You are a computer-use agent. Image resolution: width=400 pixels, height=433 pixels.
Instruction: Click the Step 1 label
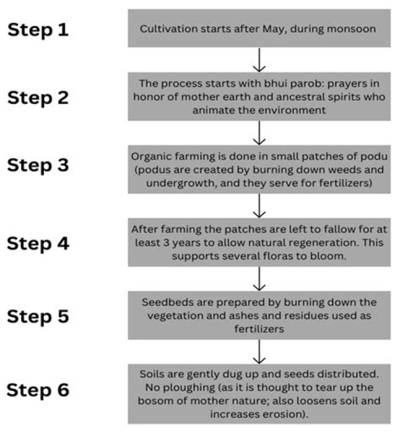coord(38,30)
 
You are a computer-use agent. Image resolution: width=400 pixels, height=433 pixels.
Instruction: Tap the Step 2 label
coord(38,98)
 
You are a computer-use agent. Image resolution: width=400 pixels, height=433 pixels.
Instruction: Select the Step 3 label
coord(38,165)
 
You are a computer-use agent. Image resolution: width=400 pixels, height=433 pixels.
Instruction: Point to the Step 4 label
coord(38,244)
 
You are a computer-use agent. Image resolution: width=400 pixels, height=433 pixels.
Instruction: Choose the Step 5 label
coord(38,317)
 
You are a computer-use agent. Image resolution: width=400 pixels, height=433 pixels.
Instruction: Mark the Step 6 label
coord(38,390)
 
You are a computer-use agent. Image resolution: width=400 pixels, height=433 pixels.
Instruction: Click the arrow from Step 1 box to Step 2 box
coord(259,60)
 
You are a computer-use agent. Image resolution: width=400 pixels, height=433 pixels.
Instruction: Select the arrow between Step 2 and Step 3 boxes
coord(259,133)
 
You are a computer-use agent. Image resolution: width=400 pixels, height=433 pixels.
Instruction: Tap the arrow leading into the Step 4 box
coord(259,206)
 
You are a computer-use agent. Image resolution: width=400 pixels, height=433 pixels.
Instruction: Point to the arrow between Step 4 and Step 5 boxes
coord(259,279)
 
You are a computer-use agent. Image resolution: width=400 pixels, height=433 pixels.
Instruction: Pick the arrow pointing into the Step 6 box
coord(259,352)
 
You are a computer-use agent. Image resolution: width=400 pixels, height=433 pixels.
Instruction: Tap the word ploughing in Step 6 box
coord(189,388)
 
